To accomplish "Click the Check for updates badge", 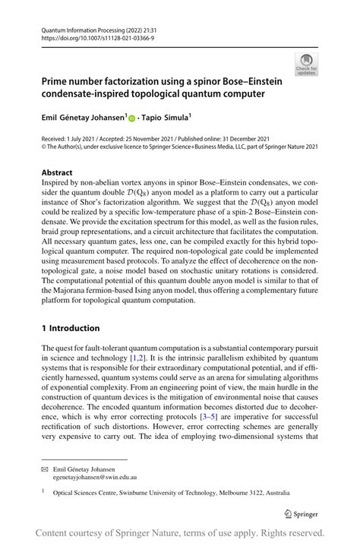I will click(306, 65).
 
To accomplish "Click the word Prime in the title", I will click(57, 80).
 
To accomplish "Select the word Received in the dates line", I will click(56, 138).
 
